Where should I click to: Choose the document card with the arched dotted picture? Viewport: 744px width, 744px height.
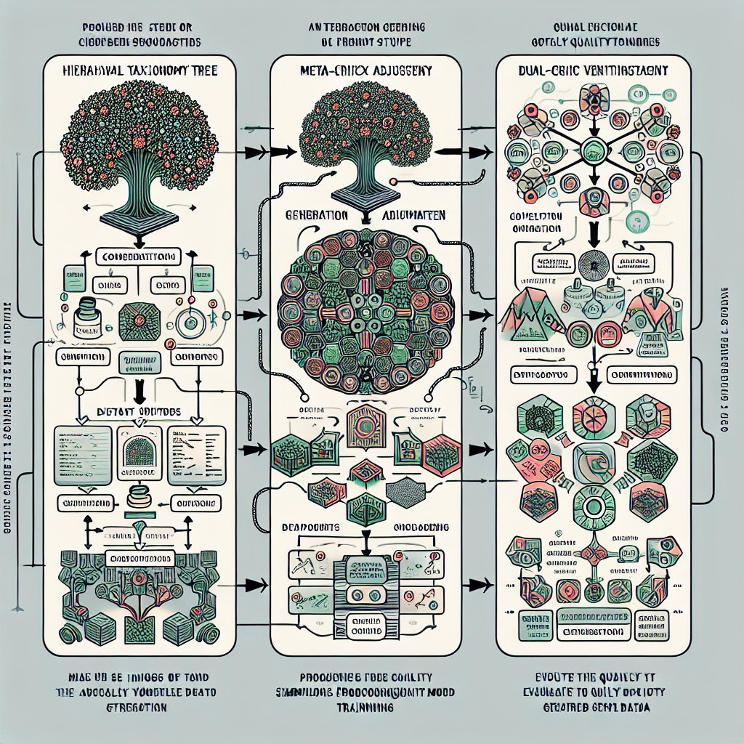tap(139, 455)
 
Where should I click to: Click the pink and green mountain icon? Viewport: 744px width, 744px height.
tap(528, 316)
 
